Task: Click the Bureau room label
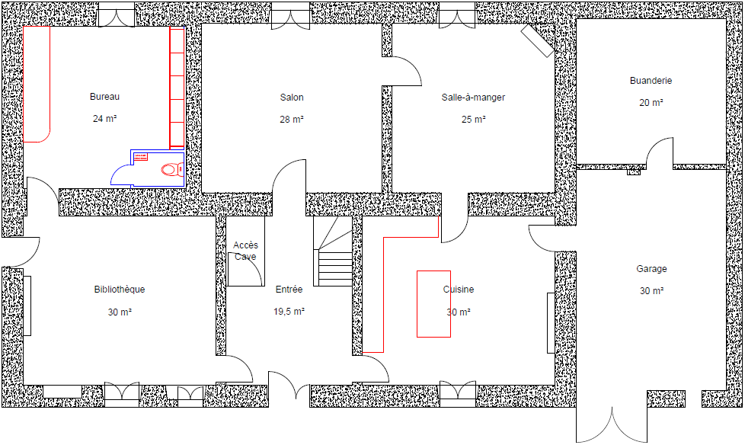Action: pos(104,97)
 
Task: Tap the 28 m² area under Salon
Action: pos(292,120)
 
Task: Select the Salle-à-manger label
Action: pos(473,98)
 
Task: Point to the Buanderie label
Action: pos(651,81)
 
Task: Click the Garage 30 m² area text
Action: pos(652,290)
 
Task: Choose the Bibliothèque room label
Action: pos(120,289)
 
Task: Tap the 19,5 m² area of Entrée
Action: pos(289,312)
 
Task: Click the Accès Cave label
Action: pos(245,251)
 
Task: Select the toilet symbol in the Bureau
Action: pos(172,168)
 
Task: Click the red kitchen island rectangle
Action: pos(433,304)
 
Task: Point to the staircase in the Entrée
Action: pos(333,251)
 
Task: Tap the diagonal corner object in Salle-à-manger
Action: pos(538,40)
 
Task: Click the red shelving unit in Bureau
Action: pos(177,87)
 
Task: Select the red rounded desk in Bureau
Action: pos(37,84)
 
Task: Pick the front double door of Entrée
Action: pos(289,385)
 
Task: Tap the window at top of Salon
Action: pos(291,17)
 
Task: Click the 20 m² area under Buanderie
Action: pos(651,103)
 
